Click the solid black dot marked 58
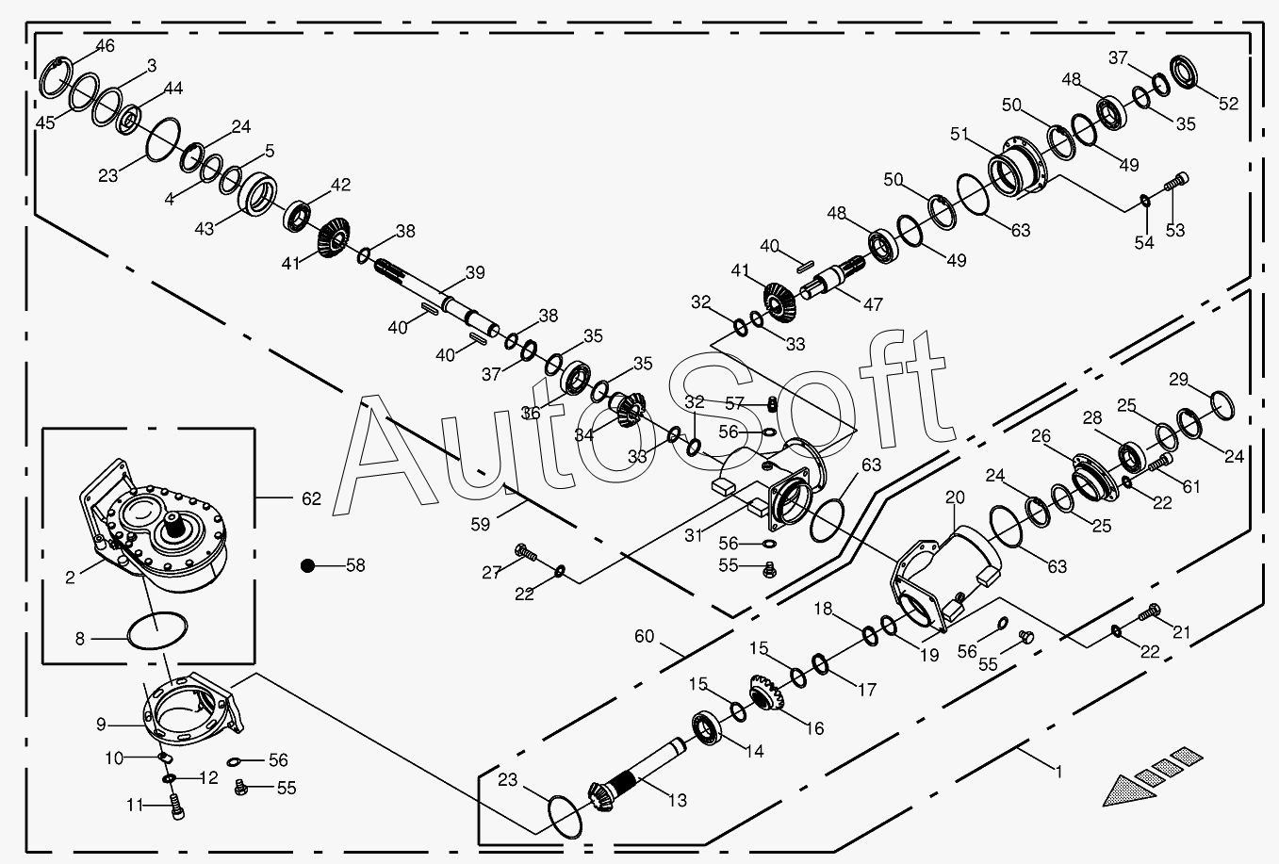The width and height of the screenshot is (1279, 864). pos(308,565)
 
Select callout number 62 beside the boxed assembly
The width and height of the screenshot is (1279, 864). pos(311,498)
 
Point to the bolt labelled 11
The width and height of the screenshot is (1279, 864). pos(177,807)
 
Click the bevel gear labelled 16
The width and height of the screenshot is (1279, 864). pos(766,693)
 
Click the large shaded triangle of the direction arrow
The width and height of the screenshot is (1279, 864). pos(1126,791)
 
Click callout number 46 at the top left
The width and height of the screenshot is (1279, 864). pos(105,45)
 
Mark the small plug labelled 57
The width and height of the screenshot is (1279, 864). pos(771,404)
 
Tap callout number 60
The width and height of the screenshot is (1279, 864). pos(644,636)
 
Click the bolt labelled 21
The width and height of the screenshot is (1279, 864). pos(1149,612)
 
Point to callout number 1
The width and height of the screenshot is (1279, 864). pos(1058,772)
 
